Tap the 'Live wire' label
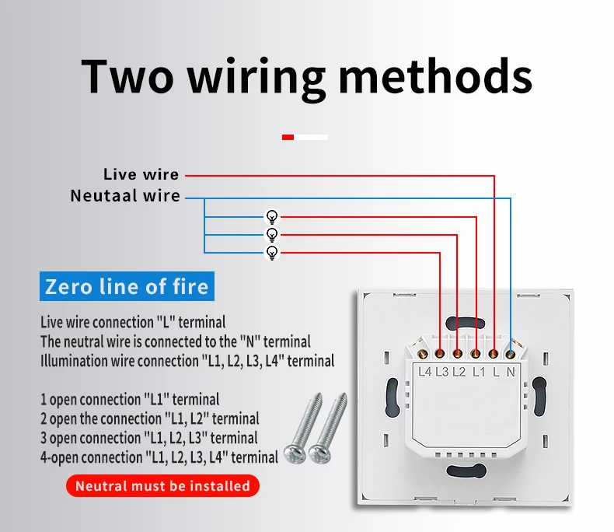141,175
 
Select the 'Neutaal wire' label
125,196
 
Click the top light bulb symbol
271,216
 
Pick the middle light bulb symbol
271,234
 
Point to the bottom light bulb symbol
271,253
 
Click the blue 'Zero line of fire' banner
127,286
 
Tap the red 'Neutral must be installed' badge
162,486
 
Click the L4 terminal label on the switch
424,372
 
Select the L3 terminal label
441,372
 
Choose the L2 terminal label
459,372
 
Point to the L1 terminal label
477,372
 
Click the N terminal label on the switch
511,372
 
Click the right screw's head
318,453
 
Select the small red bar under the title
288,137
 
